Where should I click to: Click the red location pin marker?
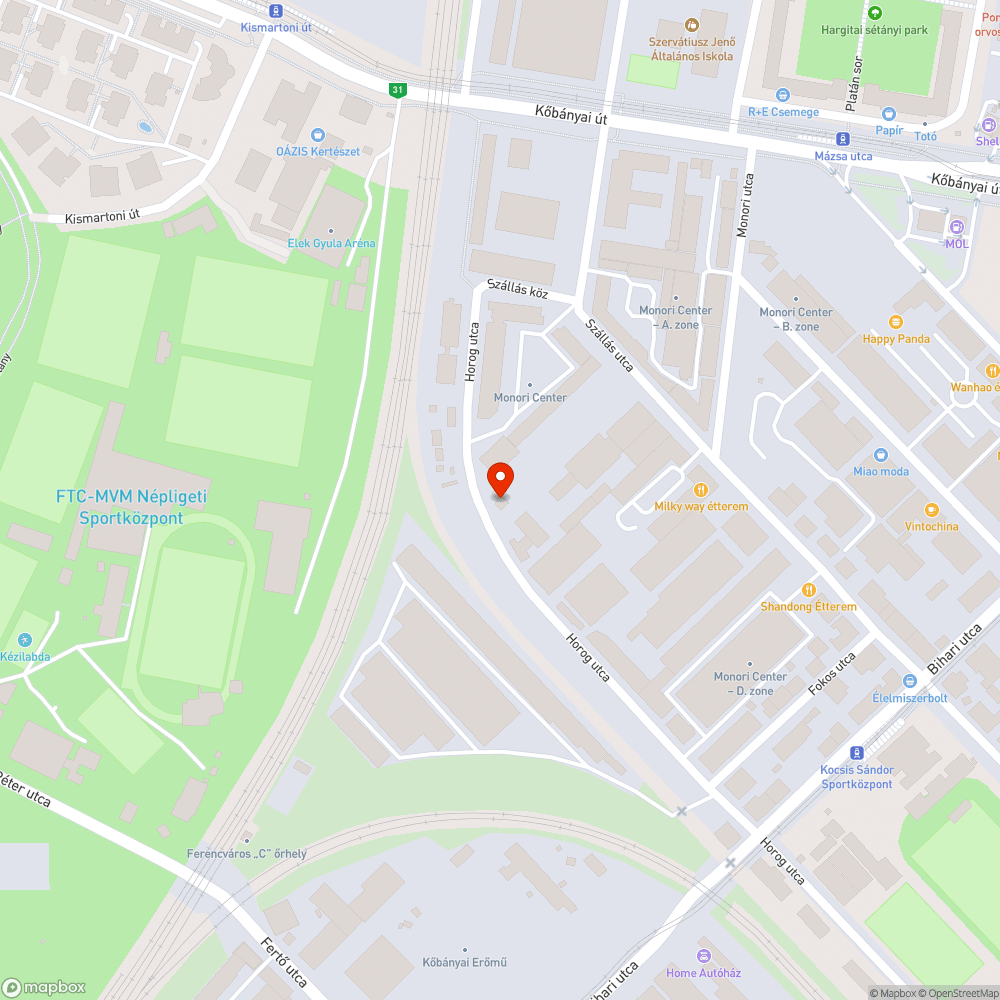coord(500,480)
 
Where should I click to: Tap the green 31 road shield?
coord(398,90)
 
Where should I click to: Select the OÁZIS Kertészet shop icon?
coord(318,134)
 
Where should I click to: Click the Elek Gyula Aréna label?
coord(331,243)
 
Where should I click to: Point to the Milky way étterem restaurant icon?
coord(701,490)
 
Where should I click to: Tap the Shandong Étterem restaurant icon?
coord(809,590)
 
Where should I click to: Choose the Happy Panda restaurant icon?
coord(896,322)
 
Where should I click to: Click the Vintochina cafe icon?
coord(931,510)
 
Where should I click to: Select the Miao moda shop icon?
coord(881,455)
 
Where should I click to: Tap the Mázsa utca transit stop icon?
coord(843,139)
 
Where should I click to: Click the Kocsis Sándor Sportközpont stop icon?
coord(857,753)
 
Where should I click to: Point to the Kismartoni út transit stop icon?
coord(276,10)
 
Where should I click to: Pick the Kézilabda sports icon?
coord(25,640)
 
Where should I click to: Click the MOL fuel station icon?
coord(957,227)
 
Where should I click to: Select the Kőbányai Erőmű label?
coord(464,962)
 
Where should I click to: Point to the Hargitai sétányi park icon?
coord(875,13)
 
